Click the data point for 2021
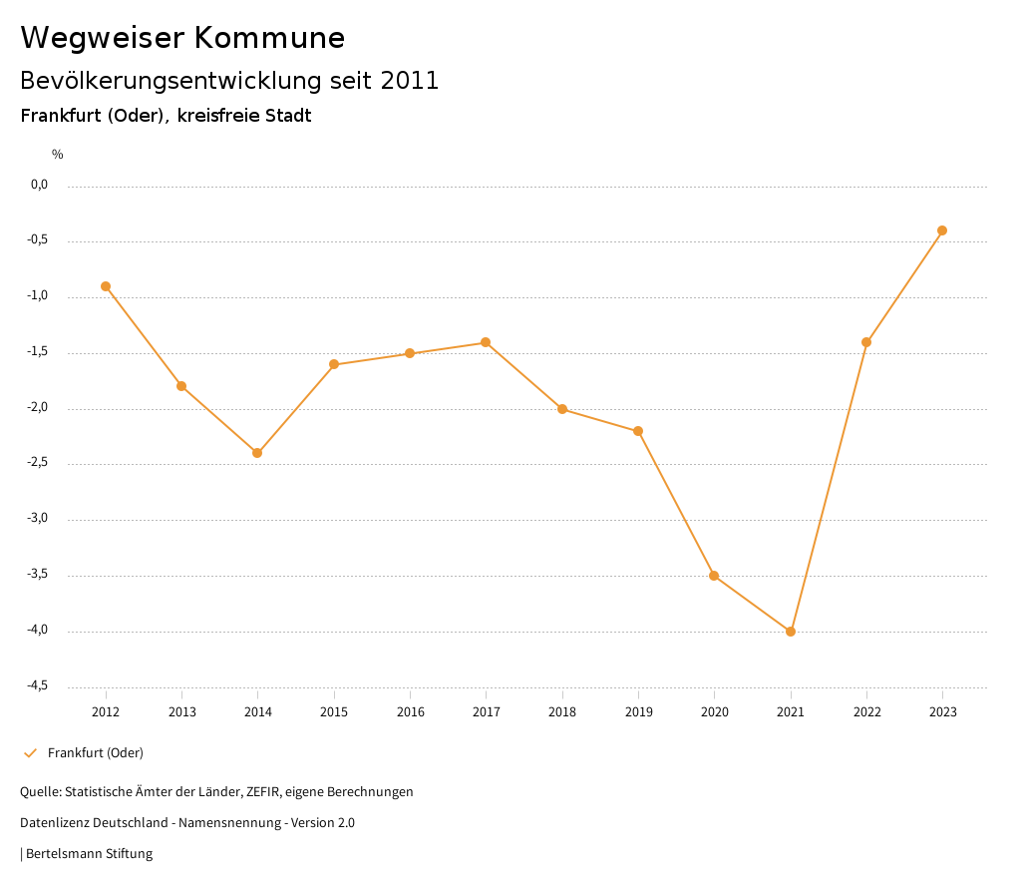click(791, 632)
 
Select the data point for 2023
click(942, 230)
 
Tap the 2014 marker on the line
click(257, 453)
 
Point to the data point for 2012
click(106, 286)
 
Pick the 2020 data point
click(714, 576)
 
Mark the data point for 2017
click(486, 342)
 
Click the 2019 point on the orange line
click(638, 431)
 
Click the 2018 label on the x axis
click(562, 712)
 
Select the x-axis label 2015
click(334, 712)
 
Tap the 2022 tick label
click(866, 712)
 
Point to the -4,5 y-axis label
click(39, 685)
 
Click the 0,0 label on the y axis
click(40, 185)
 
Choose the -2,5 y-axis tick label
click(39, 463)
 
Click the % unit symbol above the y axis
click(58, 155)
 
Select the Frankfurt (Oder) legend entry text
click(96, 753)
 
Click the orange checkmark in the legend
click(30, 753)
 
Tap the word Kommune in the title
click(269, 38)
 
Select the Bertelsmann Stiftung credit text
click(89, 854)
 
